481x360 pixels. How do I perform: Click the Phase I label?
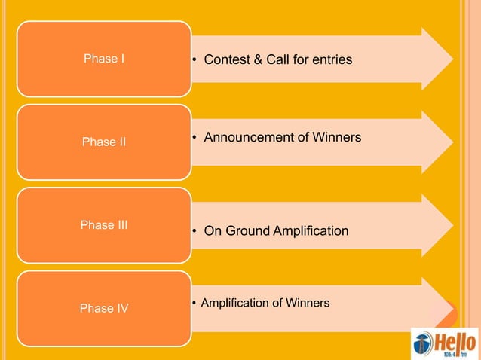coord(104,59)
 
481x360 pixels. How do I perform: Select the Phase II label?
coord(104,142)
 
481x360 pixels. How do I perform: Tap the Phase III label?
coord(104,224)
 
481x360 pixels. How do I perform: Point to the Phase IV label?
coord(104,308)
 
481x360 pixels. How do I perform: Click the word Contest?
coord(228,59)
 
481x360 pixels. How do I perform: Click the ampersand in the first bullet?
coord(259,59)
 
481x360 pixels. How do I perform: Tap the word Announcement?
coord(248,138)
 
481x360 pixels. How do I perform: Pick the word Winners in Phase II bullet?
coord(335,138)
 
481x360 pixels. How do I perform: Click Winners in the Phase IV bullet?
coord(305,303)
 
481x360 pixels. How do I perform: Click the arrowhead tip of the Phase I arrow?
coord(452,59)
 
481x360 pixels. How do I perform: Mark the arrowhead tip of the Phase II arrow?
coord(452,142)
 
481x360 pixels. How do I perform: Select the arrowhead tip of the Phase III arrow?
coord(452,224)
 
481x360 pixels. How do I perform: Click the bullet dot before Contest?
coord(195,59)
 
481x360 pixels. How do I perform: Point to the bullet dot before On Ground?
coord(195,231)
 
